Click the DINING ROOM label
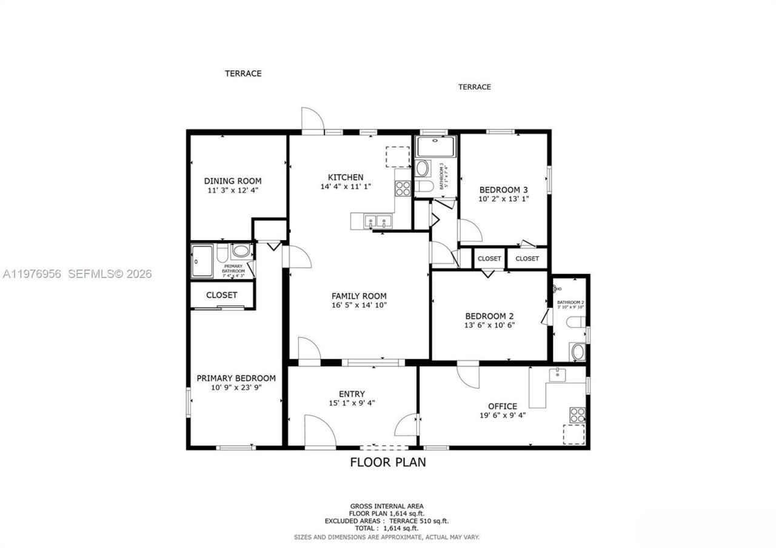click(x=233, y=181)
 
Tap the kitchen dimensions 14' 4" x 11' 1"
click(x=346, y=187)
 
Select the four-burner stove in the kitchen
click(x=403, y=189)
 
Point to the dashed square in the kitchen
click(x=398, y=156)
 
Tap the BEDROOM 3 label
click(x=504, y=189)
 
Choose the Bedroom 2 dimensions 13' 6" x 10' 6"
click(x=489, y=325)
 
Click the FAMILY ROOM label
click(x=359, y=296)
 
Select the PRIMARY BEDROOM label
click(x=236, y=378)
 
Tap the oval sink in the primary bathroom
click(x=241, y=251)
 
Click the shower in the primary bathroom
click(x=202, y=261)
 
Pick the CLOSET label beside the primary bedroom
click(x=222, y=295)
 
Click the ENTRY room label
click(x=352, y=394)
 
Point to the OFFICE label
click(x=503, y=406)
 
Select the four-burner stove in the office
click(x=577, y=415)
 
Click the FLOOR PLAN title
click(x=388, y=463)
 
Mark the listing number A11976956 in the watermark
click(x=32, y=274)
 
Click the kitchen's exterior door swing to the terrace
click(x=313, y=119)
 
